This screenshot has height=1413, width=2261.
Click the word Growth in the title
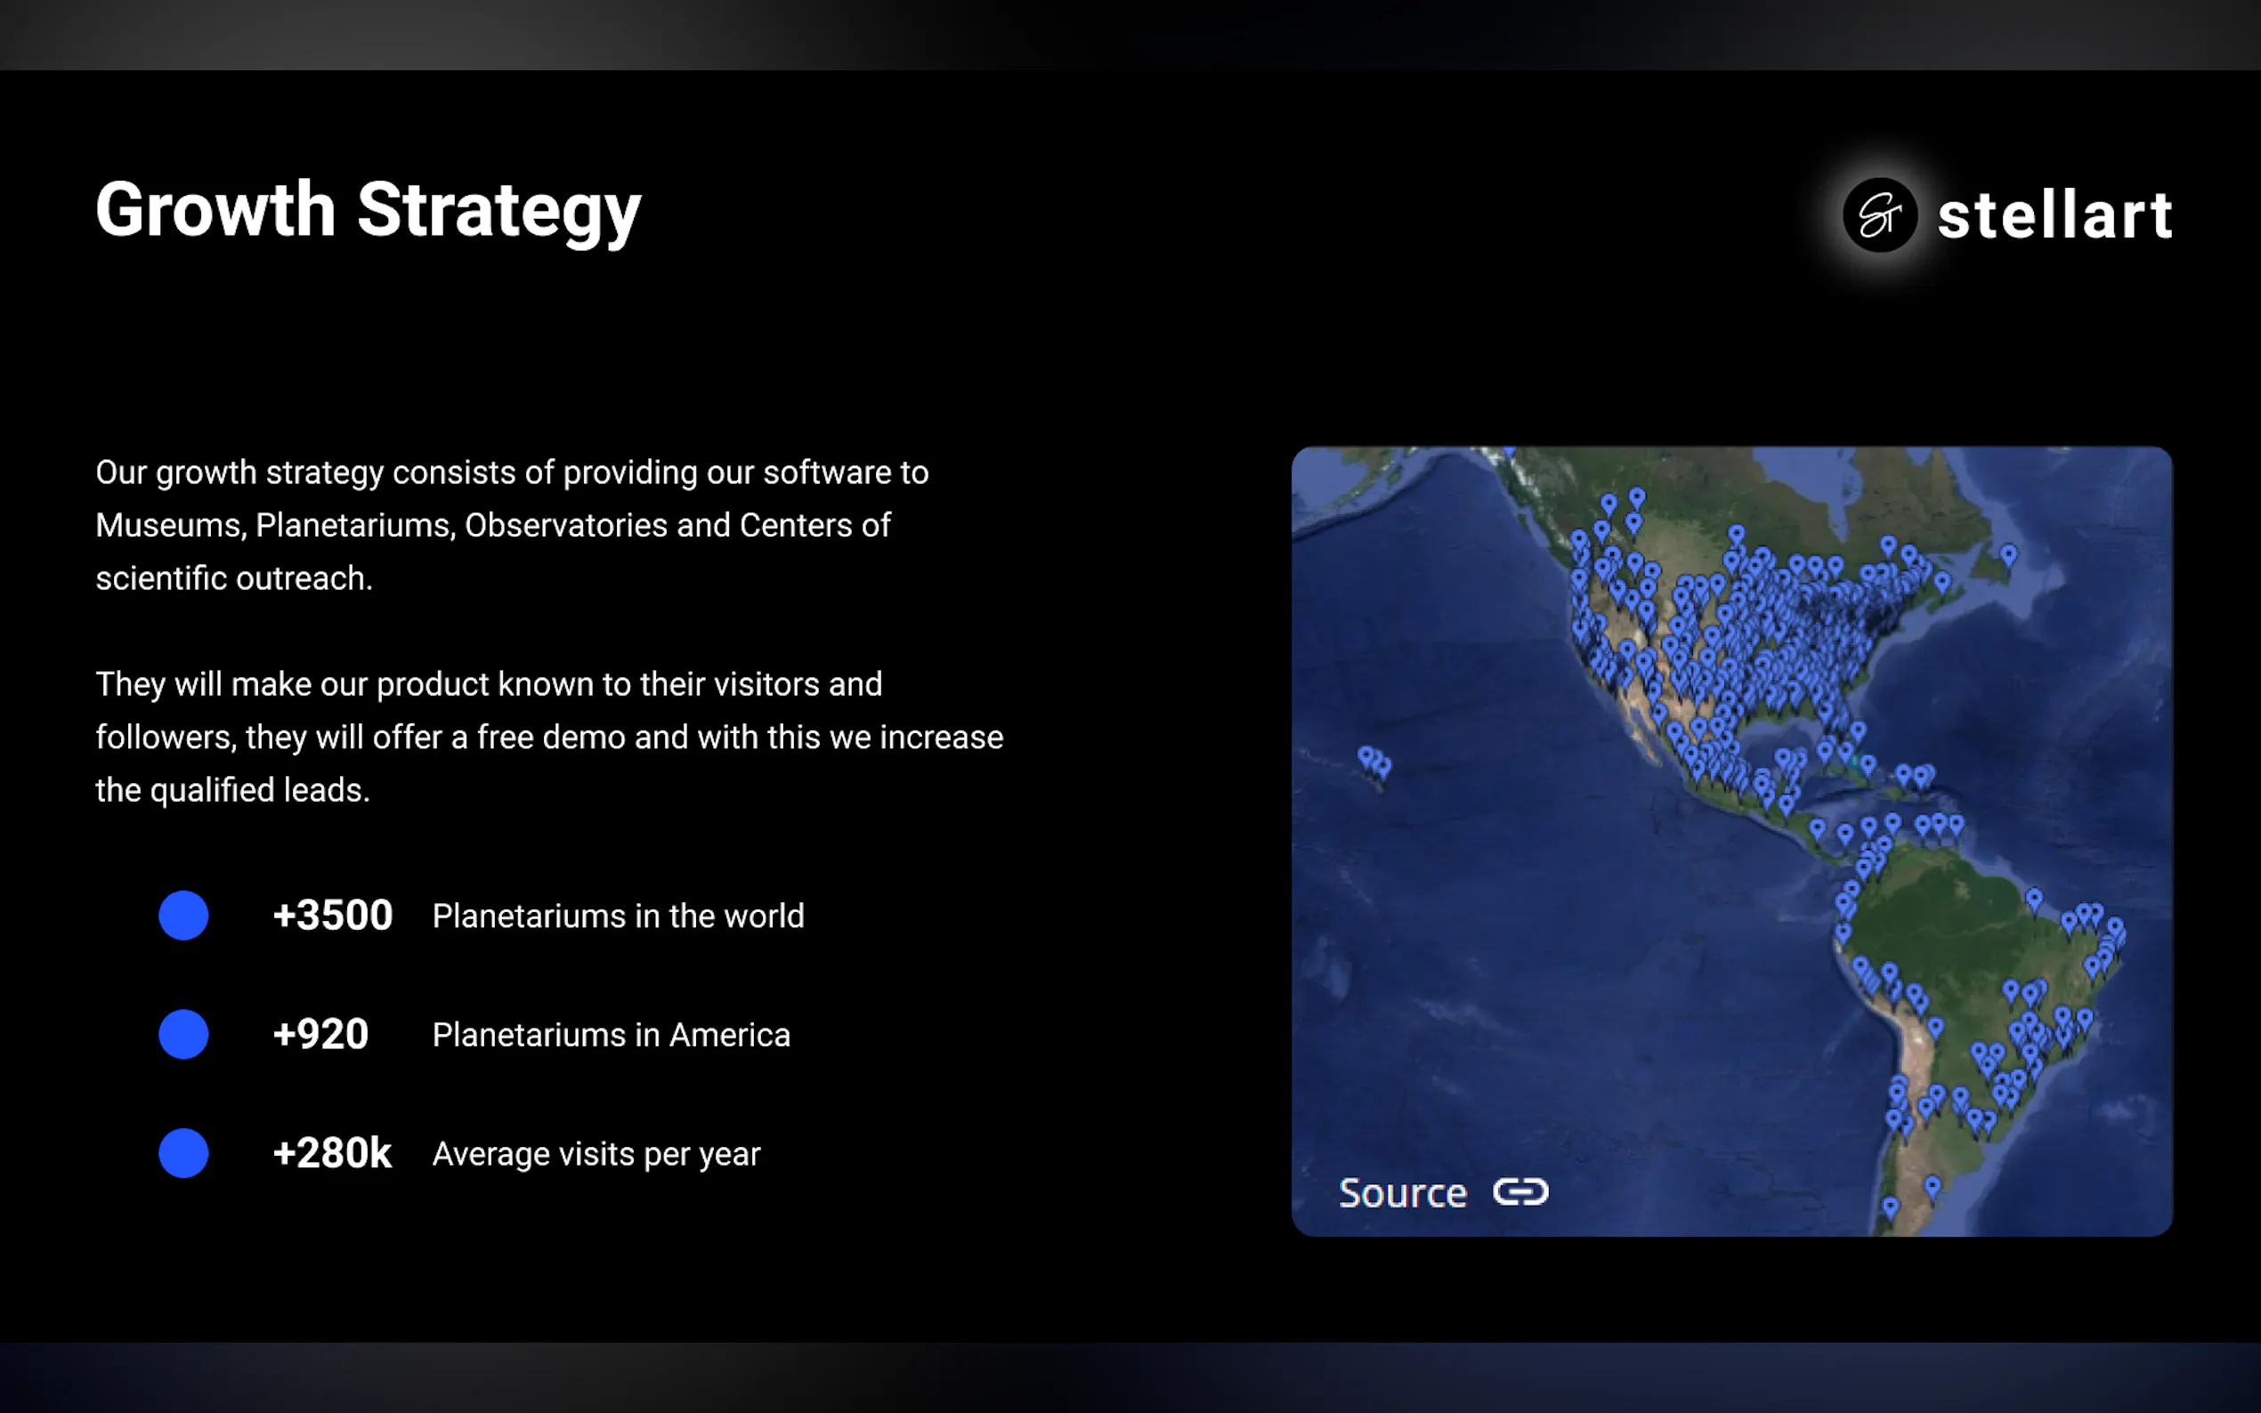[x=216, y=210]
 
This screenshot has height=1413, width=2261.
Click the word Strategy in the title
[x=499, y=213]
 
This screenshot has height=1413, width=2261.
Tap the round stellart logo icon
[x=1880, y=215]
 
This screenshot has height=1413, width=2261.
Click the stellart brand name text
[x=2054, y=215]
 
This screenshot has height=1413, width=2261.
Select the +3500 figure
[x=333, y=915]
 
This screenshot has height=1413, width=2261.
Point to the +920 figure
[x=320, y=1035]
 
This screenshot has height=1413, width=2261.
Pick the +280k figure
[x=332, y=1153]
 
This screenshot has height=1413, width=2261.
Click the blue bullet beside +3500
[x=184, y=915]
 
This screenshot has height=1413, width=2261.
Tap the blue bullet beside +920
[x=184, y=1035]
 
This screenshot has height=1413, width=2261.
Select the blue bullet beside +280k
[x=184, y=1153]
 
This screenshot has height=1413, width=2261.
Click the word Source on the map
[x=1403, y=1193]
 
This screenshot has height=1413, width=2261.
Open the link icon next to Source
[x=1520, y=1191]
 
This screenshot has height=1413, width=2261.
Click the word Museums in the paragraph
[x=171, y=526]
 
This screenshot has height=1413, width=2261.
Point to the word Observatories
[x=566, y=526]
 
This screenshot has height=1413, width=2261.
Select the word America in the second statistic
[x=730, y=1036]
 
